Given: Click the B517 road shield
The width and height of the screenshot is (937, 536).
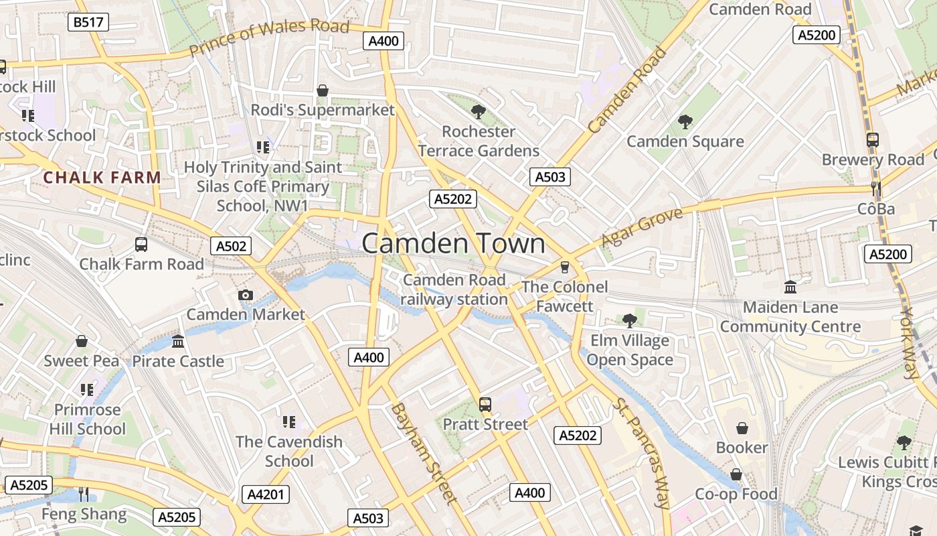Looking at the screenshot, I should click(88, 22).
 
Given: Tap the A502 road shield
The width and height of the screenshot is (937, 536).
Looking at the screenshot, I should click(232, 246).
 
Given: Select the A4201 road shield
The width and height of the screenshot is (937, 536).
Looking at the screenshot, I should click(266, 494).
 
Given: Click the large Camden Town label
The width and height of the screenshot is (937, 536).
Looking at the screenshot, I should click(453, 244).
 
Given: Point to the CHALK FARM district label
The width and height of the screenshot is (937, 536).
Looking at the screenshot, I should click(102, 178).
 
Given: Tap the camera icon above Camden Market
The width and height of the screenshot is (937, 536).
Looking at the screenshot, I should click(246, 295).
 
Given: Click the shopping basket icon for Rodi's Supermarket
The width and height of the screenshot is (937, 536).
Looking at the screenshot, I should click(323, 90).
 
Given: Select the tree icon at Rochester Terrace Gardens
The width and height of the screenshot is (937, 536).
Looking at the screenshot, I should click(478, 111).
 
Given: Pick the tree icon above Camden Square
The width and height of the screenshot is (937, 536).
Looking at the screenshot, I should click(685, 122).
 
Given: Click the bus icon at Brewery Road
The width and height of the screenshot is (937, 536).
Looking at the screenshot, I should click(872, 140).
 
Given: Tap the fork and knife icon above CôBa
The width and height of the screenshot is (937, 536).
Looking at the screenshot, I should click(875, 189).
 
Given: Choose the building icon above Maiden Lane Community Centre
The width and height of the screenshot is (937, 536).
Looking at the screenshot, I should click(790, 287).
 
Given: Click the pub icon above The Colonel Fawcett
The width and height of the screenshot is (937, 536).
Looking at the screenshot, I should click(565, 267).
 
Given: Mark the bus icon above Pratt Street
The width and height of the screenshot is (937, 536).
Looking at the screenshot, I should click(485, 405).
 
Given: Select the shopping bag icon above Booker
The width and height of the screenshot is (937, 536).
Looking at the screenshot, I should click(742, 427).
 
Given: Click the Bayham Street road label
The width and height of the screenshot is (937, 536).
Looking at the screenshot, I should click(424, 453).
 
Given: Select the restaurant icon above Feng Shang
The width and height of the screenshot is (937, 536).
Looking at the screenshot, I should click(84, 494).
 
